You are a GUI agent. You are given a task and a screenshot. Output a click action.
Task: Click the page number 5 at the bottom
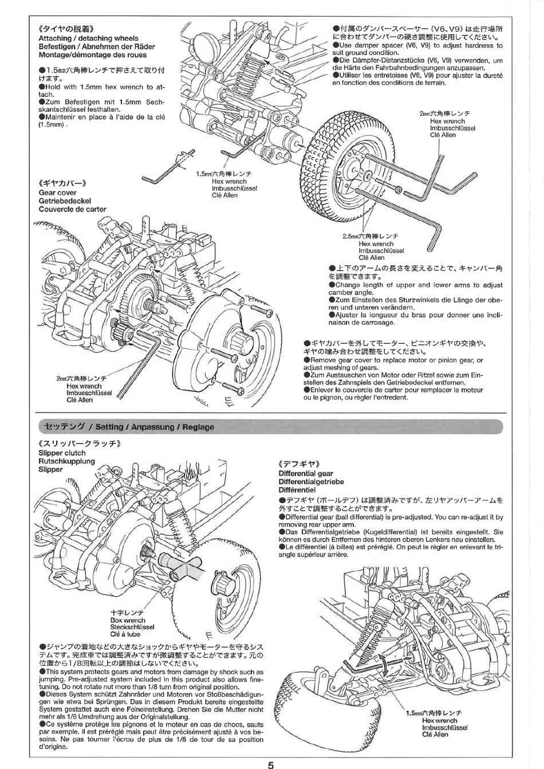click(270, 764)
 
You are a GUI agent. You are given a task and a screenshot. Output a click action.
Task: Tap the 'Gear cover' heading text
click(58, 193)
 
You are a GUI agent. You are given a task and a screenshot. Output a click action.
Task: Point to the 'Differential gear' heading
click(306, 473)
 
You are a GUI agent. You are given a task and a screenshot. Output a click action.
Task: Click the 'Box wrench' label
click(128, 620)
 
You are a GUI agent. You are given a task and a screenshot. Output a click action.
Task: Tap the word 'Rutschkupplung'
click(66, 461)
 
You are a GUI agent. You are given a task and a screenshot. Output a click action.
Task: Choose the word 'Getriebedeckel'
click(65, 201)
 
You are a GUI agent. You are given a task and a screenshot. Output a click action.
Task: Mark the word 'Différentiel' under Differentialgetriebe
click(297, 490)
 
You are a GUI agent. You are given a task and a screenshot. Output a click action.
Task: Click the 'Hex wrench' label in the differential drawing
click(439, 720)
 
